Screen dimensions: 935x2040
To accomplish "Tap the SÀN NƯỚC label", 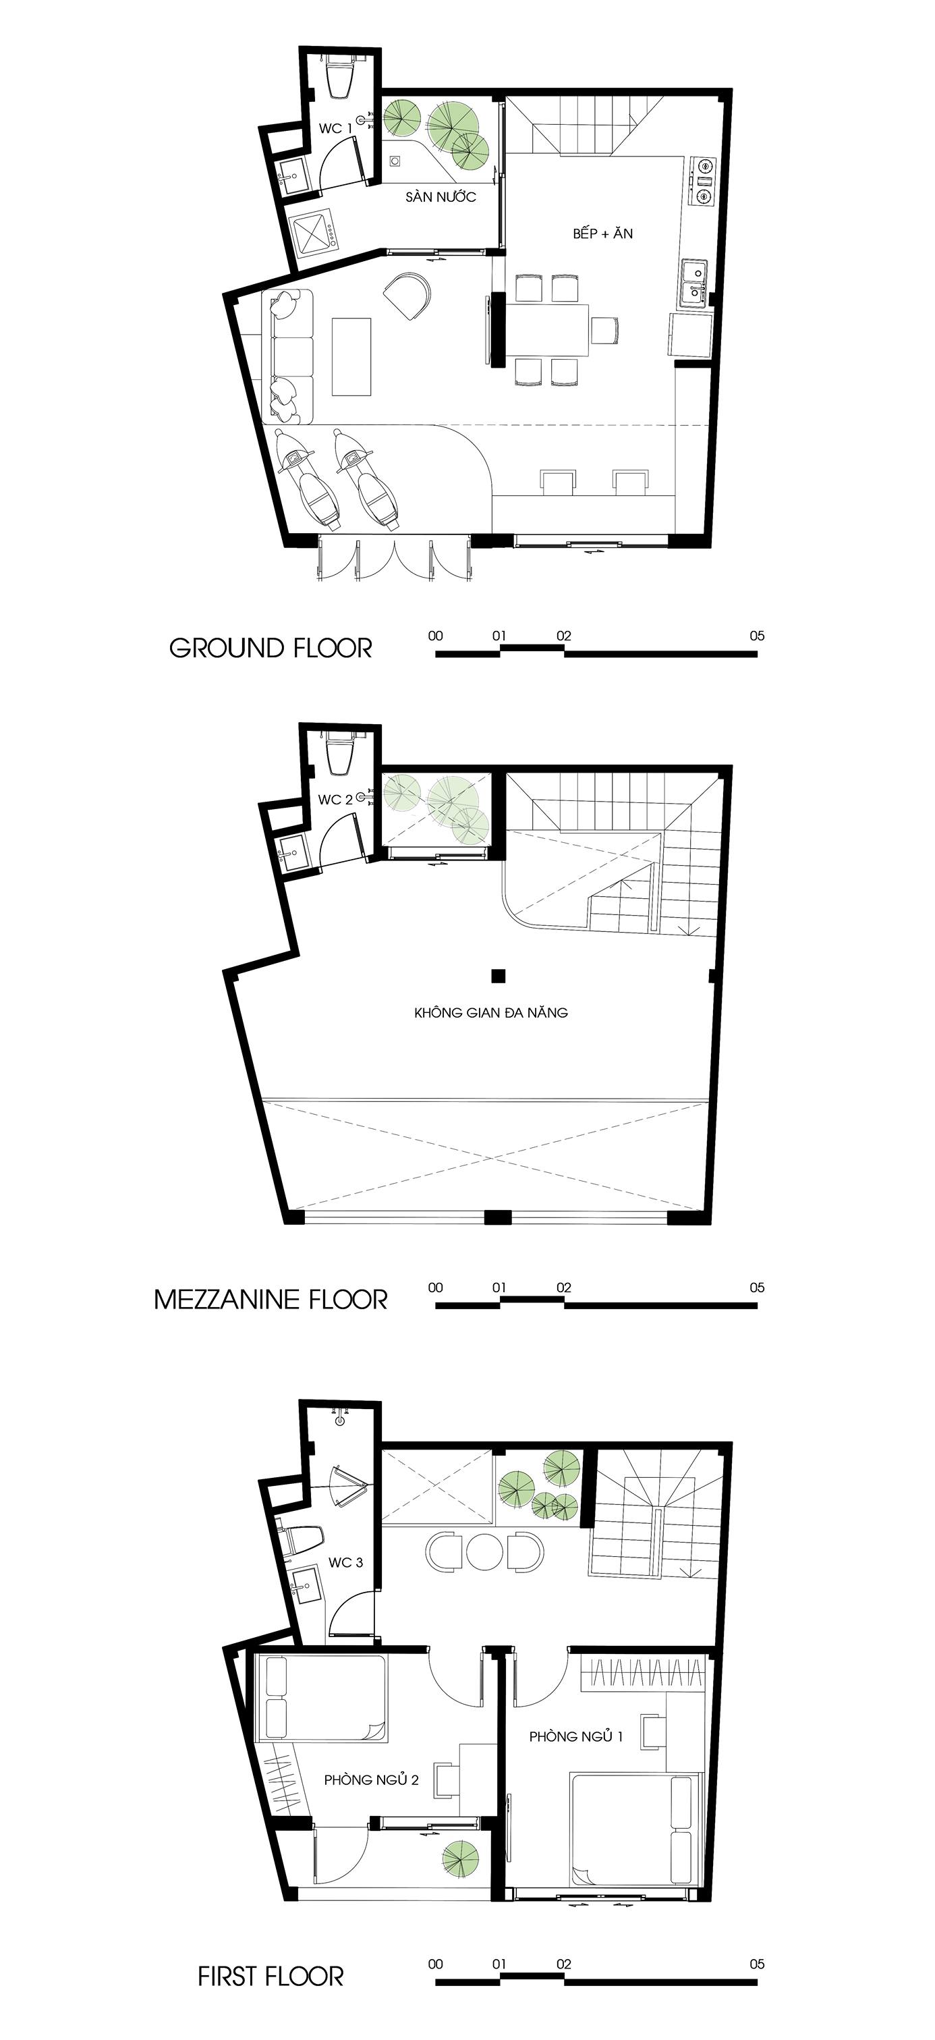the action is [441, 196].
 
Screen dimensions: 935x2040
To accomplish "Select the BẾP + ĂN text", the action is [603, 233].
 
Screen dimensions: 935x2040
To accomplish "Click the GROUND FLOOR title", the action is [270, 649].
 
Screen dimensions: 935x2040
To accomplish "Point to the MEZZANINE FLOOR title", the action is [271, 1300].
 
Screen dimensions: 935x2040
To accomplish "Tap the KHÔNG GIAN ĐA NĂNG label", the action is [491, 1012].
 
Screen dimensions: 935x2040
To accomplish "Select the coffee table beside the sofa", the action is [351, 356].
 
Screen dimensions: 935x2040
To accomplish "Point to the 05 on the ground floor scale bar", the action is [757, 635].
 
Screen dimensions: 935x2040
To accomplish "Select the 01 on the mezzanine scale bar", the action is [499, 1287].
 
